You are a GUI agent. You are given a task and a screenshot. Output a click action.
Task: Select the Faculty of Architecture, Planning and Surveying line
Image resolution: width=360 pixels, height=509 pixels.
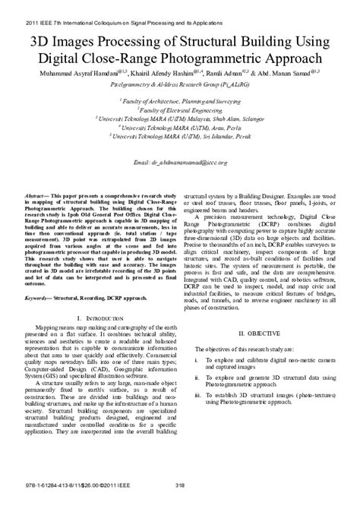point(180,100)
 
